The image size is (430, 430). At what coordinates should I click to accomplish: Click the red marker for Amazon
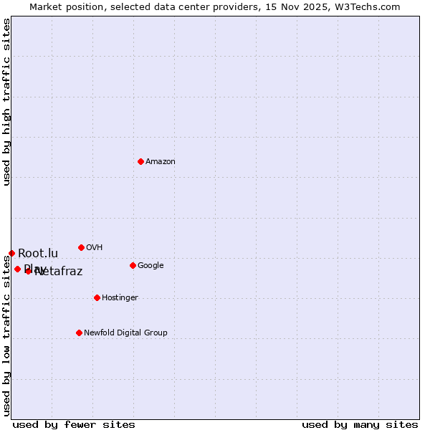[140, 161]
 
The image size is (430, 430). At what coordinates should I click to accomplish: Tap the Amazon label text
[161, 162]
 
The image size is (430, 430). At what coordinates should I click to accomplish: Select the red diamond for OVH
[81, 247]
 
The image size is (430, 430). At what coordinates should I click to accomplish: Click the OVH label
[95, 248]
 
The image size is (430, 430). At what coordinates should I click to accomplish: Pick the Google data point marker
[133, 265]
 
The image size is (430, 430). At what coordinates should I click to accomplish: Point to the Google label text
[150, 266]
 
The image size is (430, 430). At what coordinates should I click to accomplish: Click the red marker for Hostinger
[97, 297]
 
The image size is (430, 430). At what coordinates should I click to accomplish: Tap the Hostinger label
[120, 298]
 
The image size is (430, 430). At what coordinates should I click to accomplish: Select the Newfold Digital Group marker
[79, 333]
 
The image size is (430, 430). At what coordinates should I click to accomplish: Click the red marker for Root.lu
[11, 253]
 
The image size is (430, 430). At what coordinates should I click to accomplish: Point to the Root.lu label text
[38, 253]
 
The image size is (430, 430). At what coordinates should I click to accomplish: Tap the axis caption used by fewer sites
[74, 424]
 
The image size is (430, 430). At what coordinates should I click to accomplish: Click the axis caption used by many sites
[360, 424]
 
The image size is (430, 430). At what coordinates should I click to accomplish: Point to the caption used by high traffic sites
[7, 102]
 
